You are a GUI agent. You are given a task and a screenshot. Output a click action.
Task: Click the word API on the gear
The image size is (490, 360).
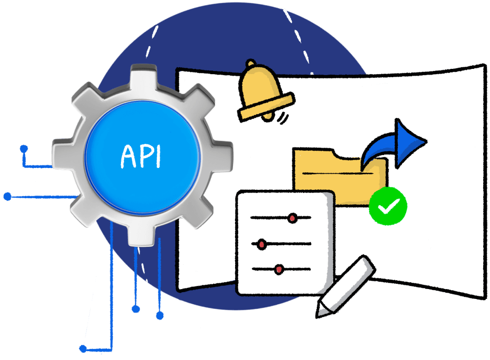(x=141, y=155)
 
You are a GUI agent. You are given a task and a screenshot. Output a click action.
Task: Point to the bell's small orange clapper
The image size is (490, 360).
(x=267, y=116)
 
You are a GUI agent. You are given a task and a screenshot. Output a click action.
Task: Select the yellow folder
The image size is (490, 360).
(x=334, y=175)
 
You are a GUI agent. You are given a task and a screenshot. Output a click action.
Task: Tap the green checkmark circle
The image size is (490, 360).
(x=388, y=207)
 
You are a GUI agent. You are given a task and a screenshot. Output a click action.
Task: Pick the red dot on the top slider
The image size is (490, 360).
(x=292, y=217)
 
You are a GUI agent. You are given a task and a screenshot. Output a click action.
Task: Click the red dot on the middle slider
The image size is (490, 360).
(x=262, y=243)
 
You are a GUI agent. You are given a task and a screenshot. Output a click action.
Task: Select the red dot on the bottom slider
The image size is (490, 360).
(x=279, y=269)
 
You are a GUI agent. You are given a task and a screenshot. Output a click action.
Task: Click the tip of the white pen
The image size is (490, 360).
(x=320, y=311)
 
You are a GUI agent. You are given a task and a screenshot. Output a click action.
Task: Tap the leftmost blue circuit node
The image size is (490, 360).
(x=7, y=197)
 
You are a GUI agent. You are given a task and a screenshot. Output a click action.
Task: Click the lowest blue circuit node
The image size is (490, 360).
(x=83, y=349)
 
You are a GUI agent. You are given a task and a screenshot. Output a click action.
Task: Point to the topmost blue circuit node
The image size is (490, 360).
(x=23, y=148)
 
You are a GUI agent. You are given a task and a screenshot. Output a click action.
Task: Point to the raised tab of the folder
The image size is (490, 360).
(x=313, y=154)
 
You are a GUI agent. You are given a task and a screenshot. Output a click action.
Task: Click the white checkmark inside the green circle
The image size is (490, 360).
(x=388, y=207)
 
